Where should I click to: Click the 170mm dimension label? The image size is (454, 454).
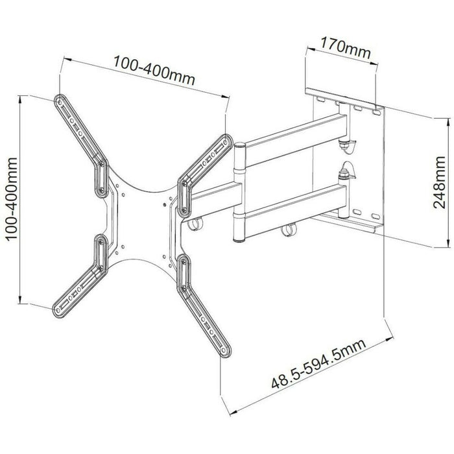(x=341, y=47)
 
